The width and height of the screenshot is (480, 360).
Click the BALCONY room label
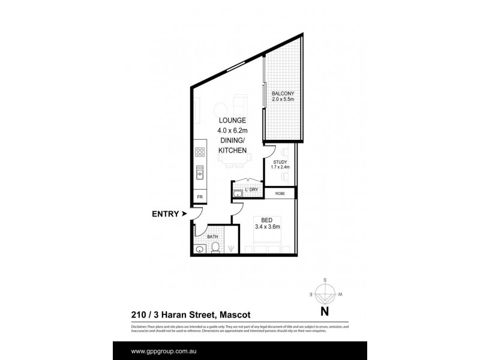pyautogui.click(x=281, y=94)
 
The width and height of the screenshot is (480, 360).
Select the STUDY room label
pyautogui.click(x=280, y=162)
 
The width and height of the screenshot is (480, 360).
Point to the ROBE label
pyautogui.click(x=280, y=193)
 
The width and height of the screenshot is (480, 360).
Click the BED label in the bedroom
pyautogui.click(x=267, y=220)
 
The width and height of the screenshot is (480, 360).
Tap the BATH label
pyautogui.click(x=212, y=237)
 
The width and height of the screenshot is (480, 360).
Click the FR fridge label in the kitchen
pyautogui.click(x=199, y=196)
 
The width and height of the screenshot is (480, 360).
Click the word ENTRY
pyautogui.click(x=164, y=213)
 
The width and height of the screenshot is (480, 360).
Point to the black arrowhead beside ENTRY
pyautogui.click(x=184, y=213)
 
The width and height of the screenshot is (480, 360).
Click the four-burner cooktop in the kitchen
pyautogui.click(x=200, y=152)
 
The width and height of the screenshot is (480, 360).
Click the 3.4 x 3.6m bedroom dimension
pyautogui.click(x=267, y=227)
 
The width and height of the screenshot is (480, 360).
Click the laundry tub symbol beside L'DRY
pyautogui.click(x=238, y=193)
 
